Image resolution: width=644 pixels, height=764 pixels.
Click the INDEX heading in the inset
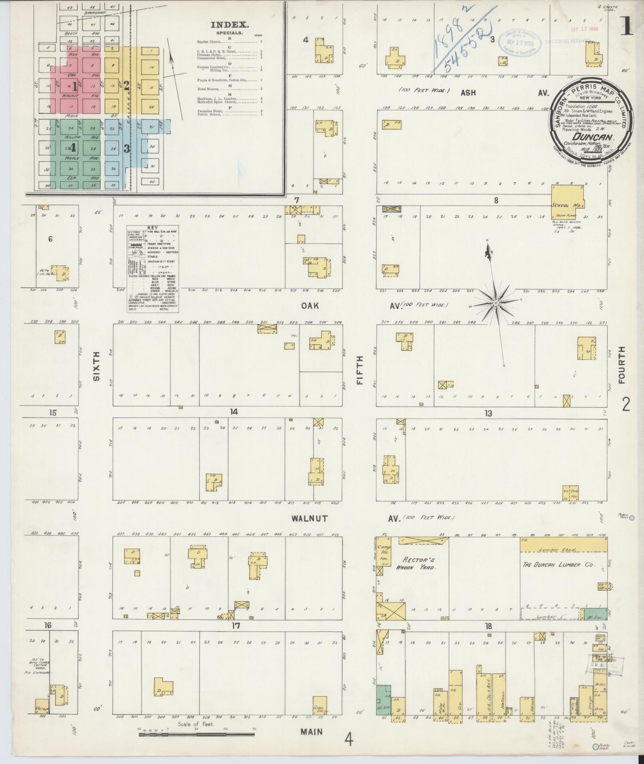click(230, 25)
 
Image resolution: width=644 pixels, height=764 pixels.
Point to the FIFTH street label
click(360, 370)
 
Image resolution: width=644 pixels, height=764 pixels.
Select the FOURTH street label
click(622, 365)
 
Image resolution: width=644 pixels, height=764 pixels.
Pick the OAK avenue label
click(310, 306)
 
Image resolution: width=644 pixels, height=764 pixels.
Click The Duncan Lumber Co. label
click(559, 565)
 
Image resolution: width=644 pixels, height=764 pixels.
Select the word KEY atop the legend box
click(153, 226)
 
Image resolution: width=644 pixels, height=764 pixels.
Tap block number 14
click(234, 412)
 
